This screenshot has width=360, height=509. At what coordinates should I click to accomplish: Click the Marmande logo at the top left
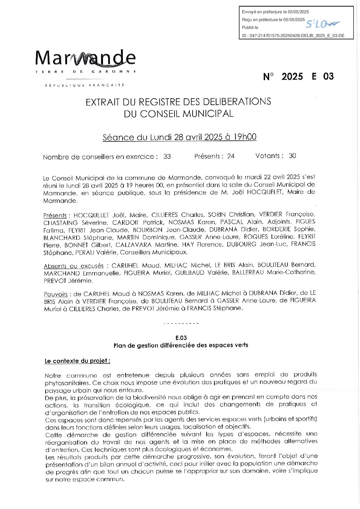pos(85,59)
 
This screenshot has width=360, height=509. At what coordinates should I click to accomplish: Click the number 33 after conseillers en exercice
pos(167,157)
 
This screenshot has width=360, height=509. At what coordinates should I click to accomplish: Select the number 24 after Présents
pos(231,156)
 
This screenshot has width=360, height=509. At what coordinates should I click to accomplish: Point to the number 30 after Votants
pos(292,156)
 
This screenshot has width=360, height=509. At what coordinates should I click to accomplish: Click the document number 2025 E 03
pos(298,77)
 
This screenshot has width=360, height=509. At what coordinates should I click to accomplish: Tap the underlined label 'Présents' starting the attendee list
pos(55,216)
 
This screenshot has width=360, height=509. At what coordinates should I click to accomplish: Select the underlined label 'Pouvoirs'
pos(56,294)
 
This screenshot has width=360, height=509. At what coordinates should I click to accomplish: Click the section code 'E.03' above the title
pos(181,338)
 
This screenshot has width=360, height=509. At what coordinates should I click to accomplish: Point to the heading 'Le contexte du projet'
pos(77,361)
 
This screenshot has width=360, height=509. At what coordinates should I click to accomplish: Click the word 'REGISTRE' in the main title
pos(165,102)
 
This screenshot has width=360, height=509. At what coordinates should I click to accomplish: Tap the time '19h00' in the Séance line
pos(245,137)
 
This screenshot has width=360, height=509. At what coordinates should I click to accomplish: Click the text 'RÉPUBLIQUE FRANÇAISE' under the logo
pos(85,85)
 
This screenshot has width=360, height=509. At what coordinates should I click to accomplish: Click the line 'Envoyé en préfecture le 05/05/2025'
pos(275,12)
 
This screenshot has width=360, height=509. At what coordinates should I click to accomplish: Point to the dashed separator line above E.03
pos(181,323)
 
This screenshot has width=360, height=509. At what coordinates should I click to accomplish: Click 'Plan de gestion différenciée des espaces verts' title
pos(181,345)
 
